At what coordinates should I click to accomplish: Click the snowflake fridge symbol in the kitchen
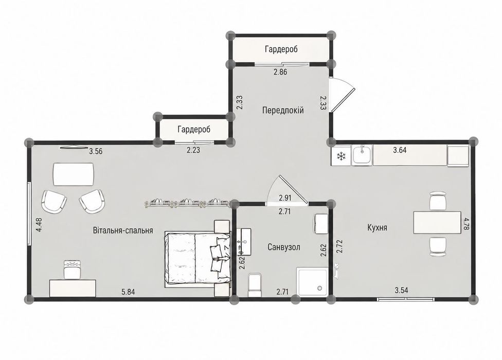(342, 156)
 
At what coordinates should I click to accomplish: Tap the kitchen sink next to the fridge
(362, 155)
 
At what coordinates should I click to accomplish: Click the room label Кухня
(377, 227)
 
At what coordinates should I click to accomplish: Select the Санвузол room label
(283, 247)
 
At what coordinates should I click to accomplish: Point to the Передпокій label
(283, 111)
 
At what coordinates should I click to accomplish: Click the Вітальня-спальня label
(123, 230)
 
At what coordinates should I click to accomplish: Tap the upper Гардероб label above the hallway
(281, 49)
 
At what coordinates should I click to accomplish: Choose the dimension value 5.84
(128, 292)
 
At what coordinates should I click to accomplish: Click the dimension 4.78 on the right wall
(466, 226)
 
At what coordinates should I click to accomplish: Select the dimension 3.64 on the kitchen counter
(400, 150)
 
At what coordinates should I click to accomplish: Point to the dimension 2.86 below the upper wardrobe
(280, 72)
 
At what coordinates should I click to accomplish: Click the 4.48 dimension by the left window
(39, 225)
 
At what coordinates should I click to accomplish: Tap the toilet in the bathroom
(255, 284)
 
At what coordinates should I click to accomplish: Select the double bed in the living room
(198, 258)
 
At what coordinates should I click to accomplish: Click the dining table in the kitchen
(437, 222)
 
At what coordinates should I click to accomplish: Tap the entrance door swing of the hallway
(343, 95)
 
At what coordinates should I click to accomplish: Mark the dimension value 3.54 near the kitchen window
(401, 291)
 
